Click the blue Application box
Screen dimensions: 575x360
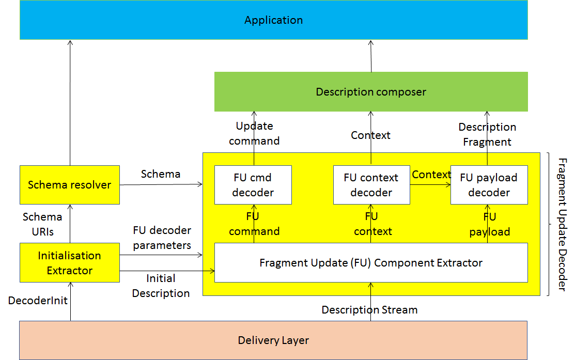coord(274,20)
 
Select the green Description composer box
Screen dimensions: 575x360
coord(371,91)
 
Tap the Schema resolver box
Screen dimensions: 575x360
coord(70,185)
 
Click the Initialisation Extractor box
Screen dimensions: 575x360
coord(70,262)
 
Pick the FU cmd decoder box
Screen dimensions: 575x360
coord(253,185)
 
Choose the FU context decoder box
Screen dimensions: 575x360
coord(371,185)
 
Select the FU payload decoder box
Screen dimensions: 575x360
coord(489,185)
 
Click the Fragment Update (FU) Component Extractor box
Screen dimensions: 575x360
coord(371,262)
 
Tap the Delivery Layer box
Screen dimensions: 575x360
coord(274,340)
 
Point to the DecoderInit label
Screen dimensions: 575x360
coord(38,301)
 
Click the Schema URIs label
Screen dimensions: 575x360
coord(42,224)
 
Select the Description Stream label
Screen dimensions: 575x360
coord(370,310)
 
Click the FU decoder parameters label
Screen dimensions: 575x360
coord(162,238)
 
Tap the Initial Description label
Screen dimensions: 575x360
coord(161,286)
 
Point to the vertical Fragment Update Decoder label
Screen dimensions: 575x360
coord(563,224)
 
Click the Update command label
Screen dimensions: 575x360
coord(254,133)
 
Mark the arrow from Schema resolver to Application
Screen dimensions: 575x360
coord(70,103)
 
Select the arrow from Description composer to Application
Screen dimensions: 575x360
coord(371,56)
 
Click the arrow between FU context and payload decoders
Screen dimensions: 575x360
coord(430,185)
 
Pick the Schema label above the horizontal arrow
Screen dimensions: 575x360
coord(161,174)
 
